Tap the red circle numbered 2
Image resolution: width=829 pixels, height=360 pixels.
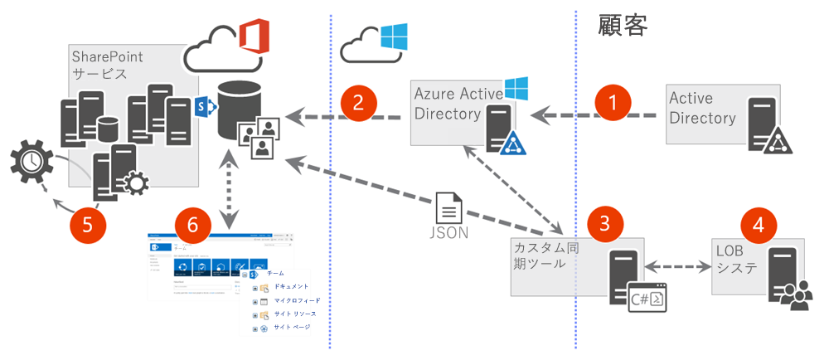(358, 104)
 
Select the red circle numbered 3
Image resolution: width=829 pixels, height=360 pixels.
(605, 224)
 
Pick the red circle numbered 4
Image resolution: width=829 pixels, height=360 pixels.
(758, 224)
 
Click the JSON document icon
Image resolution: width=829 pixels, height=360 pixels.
(450, 207)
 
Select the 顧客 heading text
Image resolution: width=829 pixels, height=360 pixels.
(623, 26)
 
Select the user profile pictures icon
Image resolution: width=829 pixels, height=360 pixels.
(259, 138)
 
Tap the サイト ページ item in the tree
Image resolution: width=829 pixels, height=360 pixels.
(291, 328)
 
